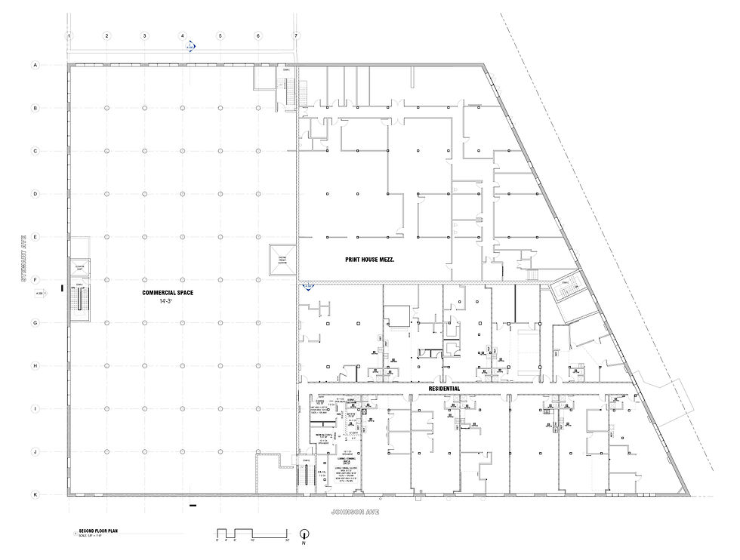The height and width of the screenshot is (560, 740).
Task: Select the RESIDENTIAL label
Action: pos(444,388)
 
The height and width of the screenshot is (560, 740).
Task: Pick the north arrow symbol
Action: pos(305,533)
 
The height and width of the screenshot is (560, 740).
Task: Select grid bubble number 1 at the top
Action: pos(69,35)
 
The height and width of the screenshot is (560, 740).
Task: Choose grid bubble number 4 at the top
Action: pos(183,35)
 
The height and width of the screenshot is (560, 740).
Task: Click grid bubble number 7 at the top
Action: pos(296,35)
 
